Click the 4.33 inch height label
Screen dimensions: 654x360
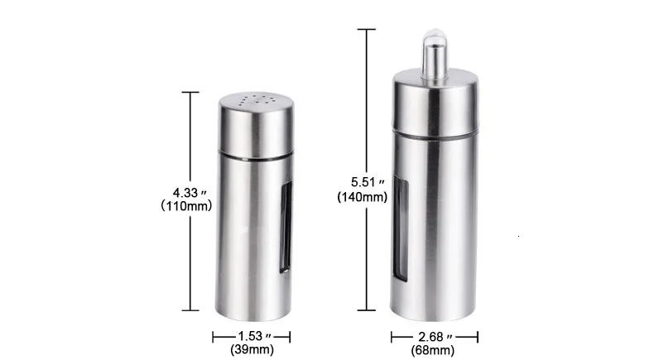(190, 193)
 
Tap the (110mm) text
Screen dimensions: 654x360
(186, 205)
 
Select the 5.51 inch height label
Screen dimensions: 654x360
(368, 182)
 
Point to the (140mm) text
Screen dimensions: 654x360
(363, 197)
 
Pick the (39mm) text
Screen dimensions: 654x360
(252, 349)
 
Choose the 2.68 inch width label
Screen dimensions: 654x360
(435, 337)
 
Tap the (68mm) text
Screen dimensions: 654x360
(432, 350)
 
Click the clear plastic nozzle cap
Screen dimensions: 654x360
(435, 54)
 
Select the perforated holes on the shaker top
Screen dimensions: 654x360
(257, 100)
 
